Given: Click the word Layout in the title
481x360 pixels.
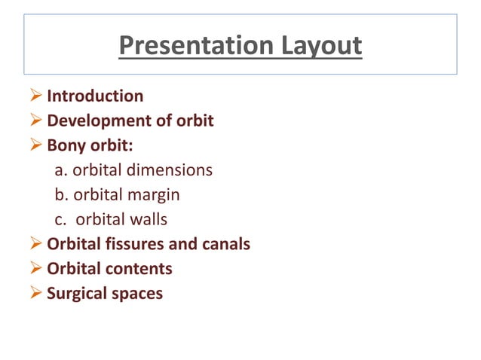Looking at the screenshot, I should (319, 45).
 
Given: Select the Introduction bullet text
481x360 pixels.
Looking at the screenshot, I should (95, 96).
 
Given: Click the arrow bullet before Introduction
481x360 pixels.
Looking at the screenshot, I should (37, 96).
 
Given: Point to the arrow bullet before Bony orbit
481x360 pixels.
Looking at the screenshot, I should (37, 145).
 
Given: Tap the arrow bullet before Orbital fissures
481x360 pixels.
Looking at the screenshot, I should (37, 245).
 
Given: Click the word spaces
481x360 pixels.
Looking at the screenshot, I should (137, 294).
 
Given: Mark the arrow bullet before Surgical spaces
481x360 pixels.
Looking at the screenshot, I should (37, 294).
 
